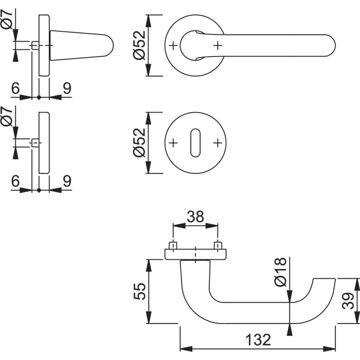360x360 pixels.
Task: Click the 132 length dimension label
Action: tap(258, 340)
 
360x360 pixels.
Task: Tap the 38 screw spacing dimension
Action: tap(195, 217)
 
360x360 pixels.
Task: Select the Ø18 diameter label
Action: tap(281, 272)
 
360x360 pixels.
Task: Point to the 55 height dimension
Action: tap(139, 292)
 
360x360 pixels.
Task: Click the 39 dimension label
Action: tap(348, 301)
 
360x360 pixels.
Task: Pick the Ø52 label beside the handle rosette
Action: tap(139, 45)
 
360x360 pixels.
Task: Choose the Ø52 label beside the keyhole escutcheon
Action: tap(139, 142)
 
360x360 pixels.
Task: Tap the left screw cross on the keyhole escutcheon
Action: tap(173, 143)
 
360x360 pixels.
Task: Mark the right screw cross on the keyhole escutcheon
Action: tap(218, 143)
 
